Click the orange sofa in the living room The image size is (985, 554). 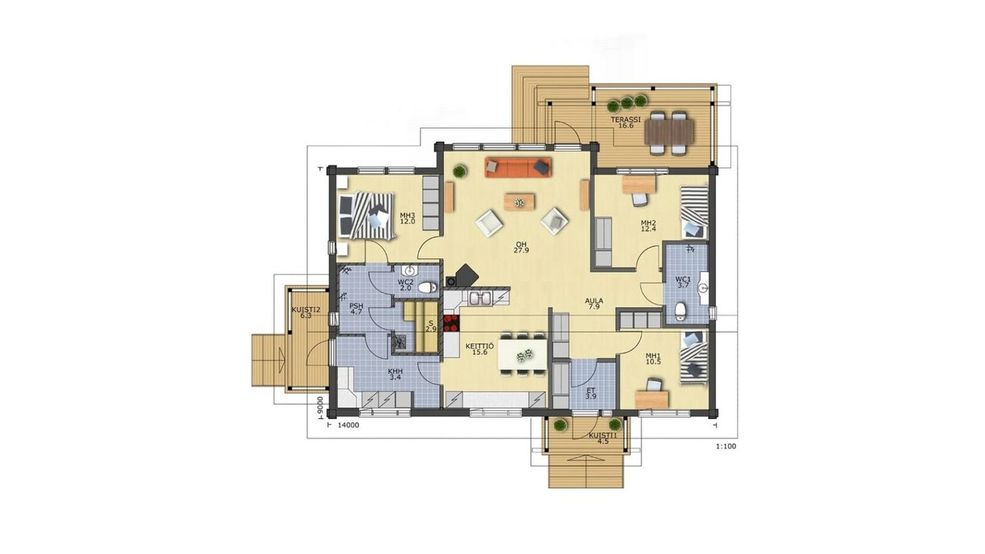518,167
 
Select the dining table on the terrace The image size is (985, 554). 669,133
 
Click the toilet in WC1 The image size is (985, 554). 680,311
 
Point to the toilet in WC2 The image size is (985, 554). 427,288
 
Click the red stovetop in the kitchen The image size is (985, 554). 452,323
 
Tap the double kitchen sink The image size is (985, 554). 480,299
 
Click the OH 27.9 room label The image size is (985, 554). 521,247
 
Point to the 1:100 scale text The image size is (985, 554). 726,446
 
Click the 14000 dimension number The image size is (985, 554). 349,425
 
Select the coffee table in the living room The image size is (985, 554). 519,202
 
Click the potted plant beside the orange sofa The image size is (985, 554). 460,171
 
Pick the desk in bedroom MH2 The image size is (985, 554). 639,185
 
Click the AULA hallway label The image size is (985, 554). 594,304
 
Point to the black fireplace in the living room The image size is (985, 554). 466,275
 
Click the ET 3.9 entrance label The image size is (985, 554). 590,393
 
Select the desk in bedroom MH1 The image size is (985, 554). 652,399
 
